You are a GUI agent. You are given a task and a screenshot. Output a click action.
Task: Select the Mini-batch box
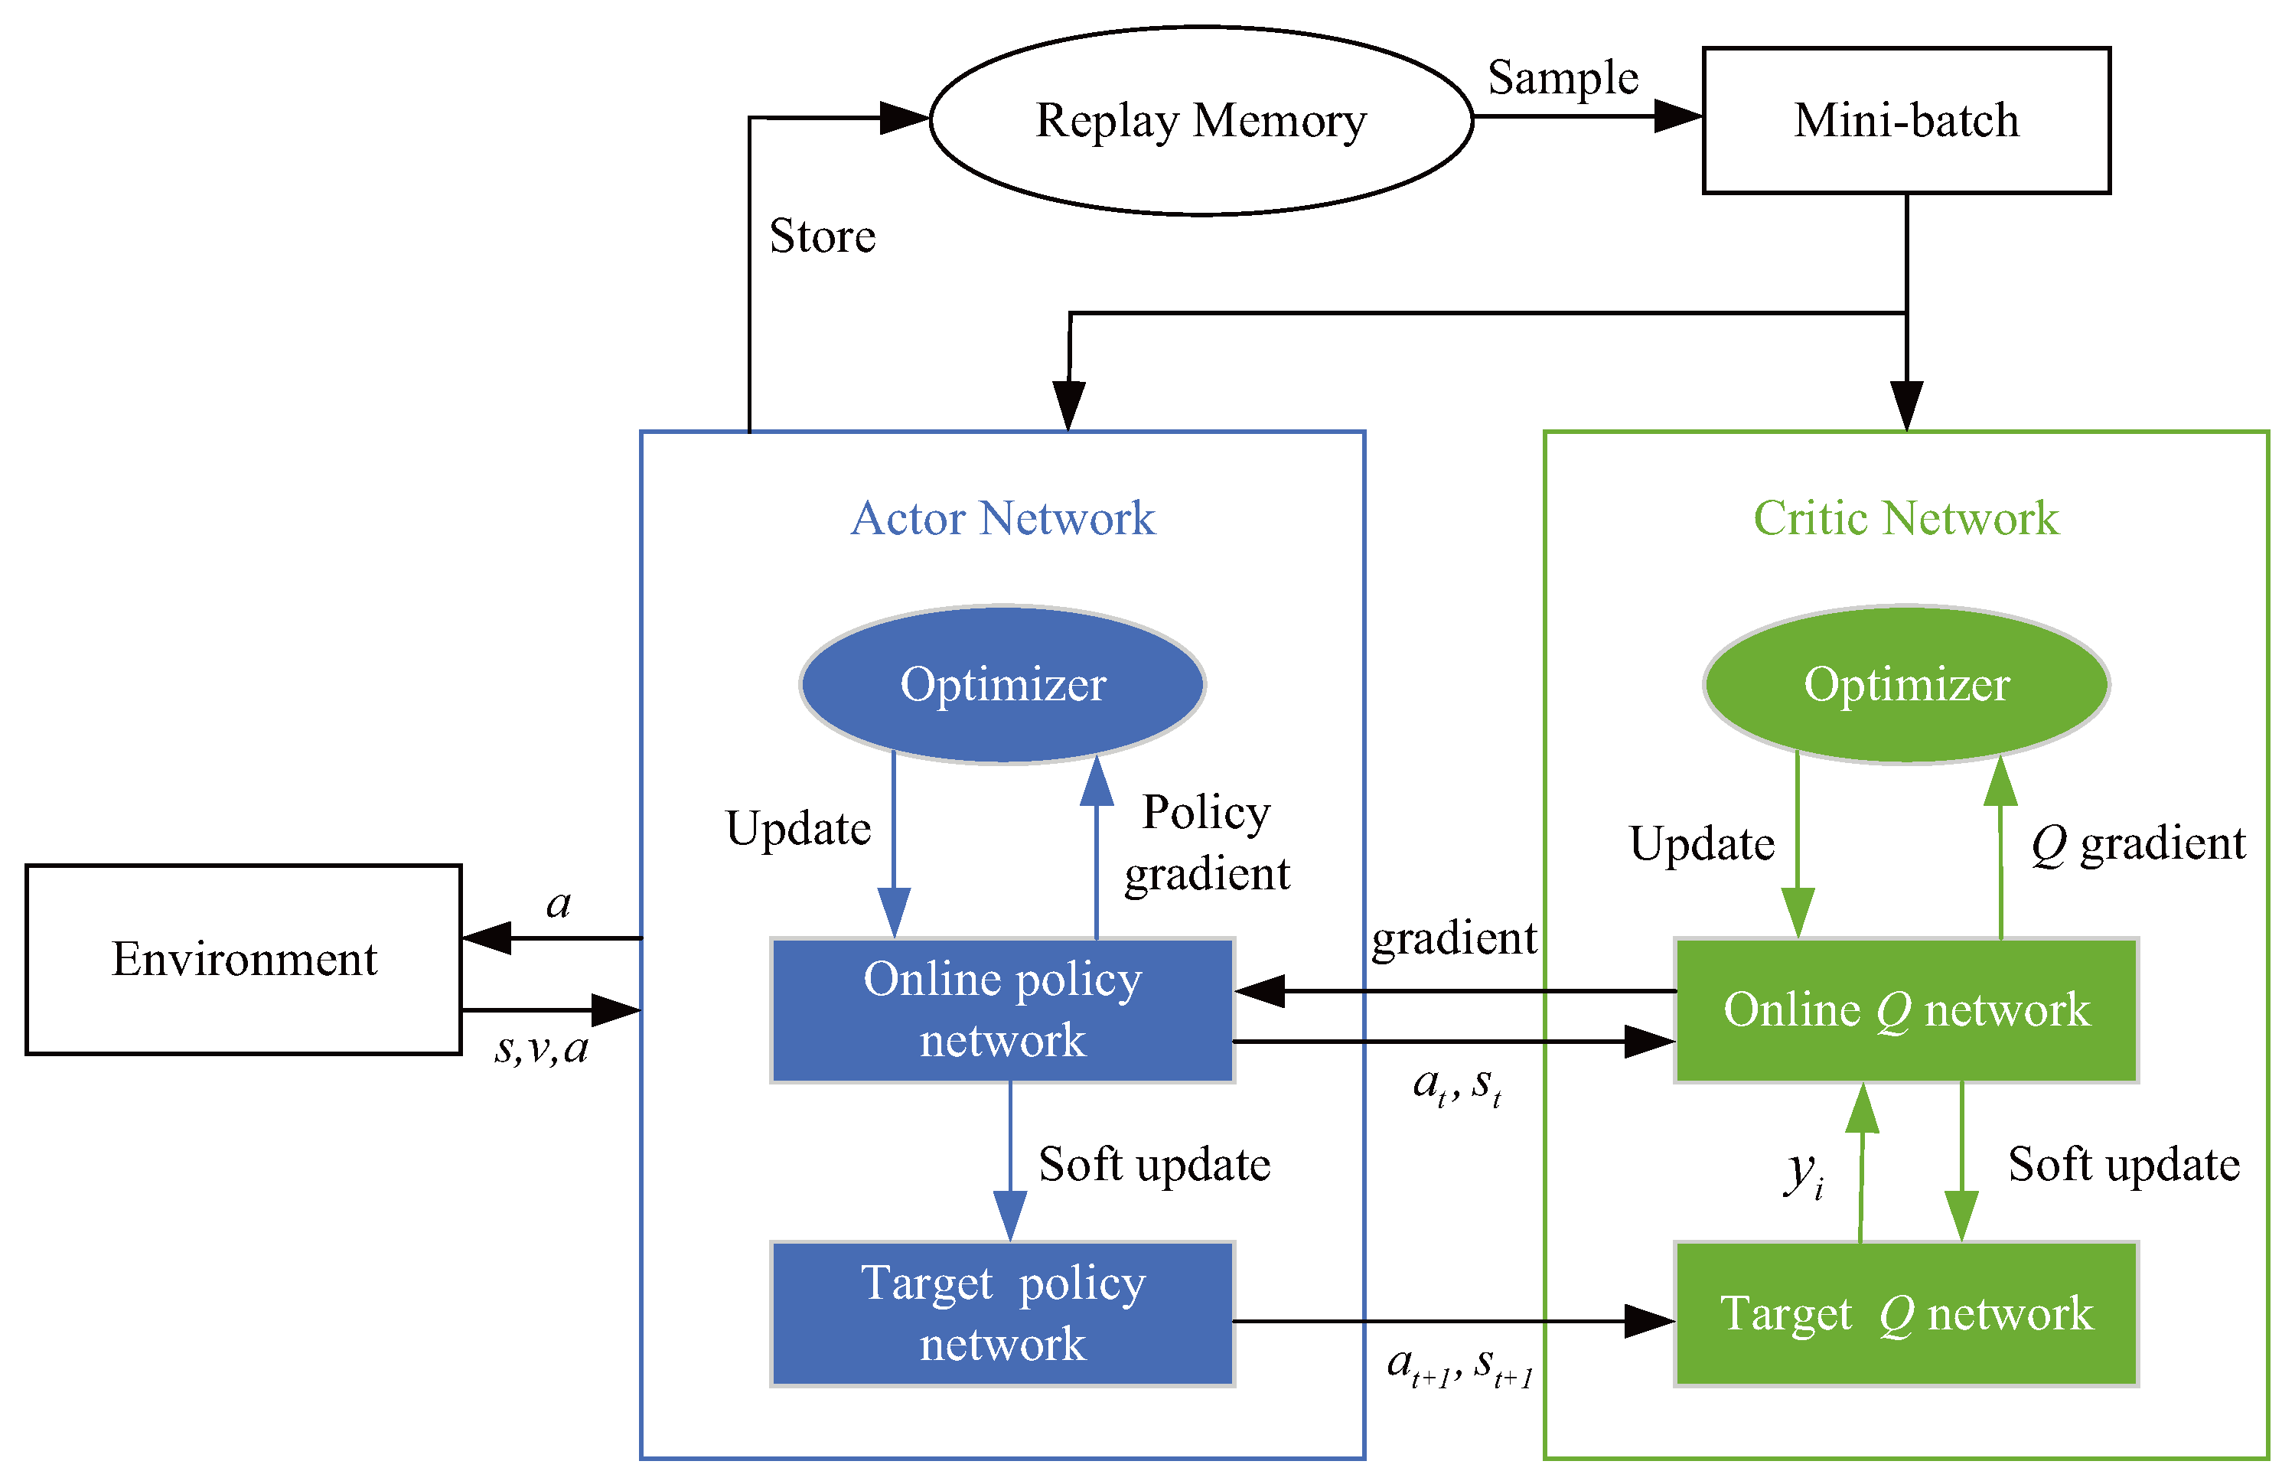[1905, 120]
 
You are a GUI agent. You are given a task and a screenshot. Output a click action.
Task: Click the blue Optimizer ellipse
[1002, 685]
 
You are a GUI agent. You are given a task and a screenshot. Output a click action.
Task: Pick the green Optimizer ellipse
[1905, 685]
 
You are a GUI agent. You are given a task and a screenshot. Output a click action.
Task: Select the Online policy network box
[1002, 1010]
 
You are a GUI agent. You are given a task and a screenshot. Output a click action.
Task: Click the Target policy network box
[1002, 1313]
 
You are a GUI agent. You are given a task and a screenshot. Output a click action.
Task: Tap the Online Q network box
[1905, 1010]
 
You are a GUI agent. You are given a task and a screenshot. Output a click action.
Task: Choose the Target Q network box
[1905, 1313]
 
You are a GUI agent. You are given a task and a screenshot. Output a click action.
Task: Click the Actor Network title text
[1002, 518]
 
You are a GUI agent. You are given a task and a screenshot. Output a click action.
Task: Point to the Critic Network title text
[1905, 518]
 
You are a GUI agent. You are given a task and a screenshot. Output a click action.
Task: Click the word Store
[822, 236]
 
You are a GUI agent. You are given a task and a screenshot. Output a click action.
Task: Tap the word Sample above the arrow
[1562, 77]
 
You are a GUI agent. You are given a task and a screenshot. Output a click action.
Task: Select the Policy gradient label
[1206, 843]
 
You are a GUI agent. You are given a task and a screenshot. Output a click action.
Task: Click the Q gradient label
[2137, 844]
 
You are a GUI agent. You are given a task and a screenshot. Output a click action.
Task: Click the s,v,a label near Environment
[540, 1049]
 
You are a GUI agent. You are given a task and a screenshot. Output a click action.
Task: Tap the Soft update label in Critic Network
[2123, 1164]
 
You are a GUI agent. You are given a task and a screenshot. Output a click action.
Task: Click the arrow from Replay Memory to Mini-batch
[1585, 116]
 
